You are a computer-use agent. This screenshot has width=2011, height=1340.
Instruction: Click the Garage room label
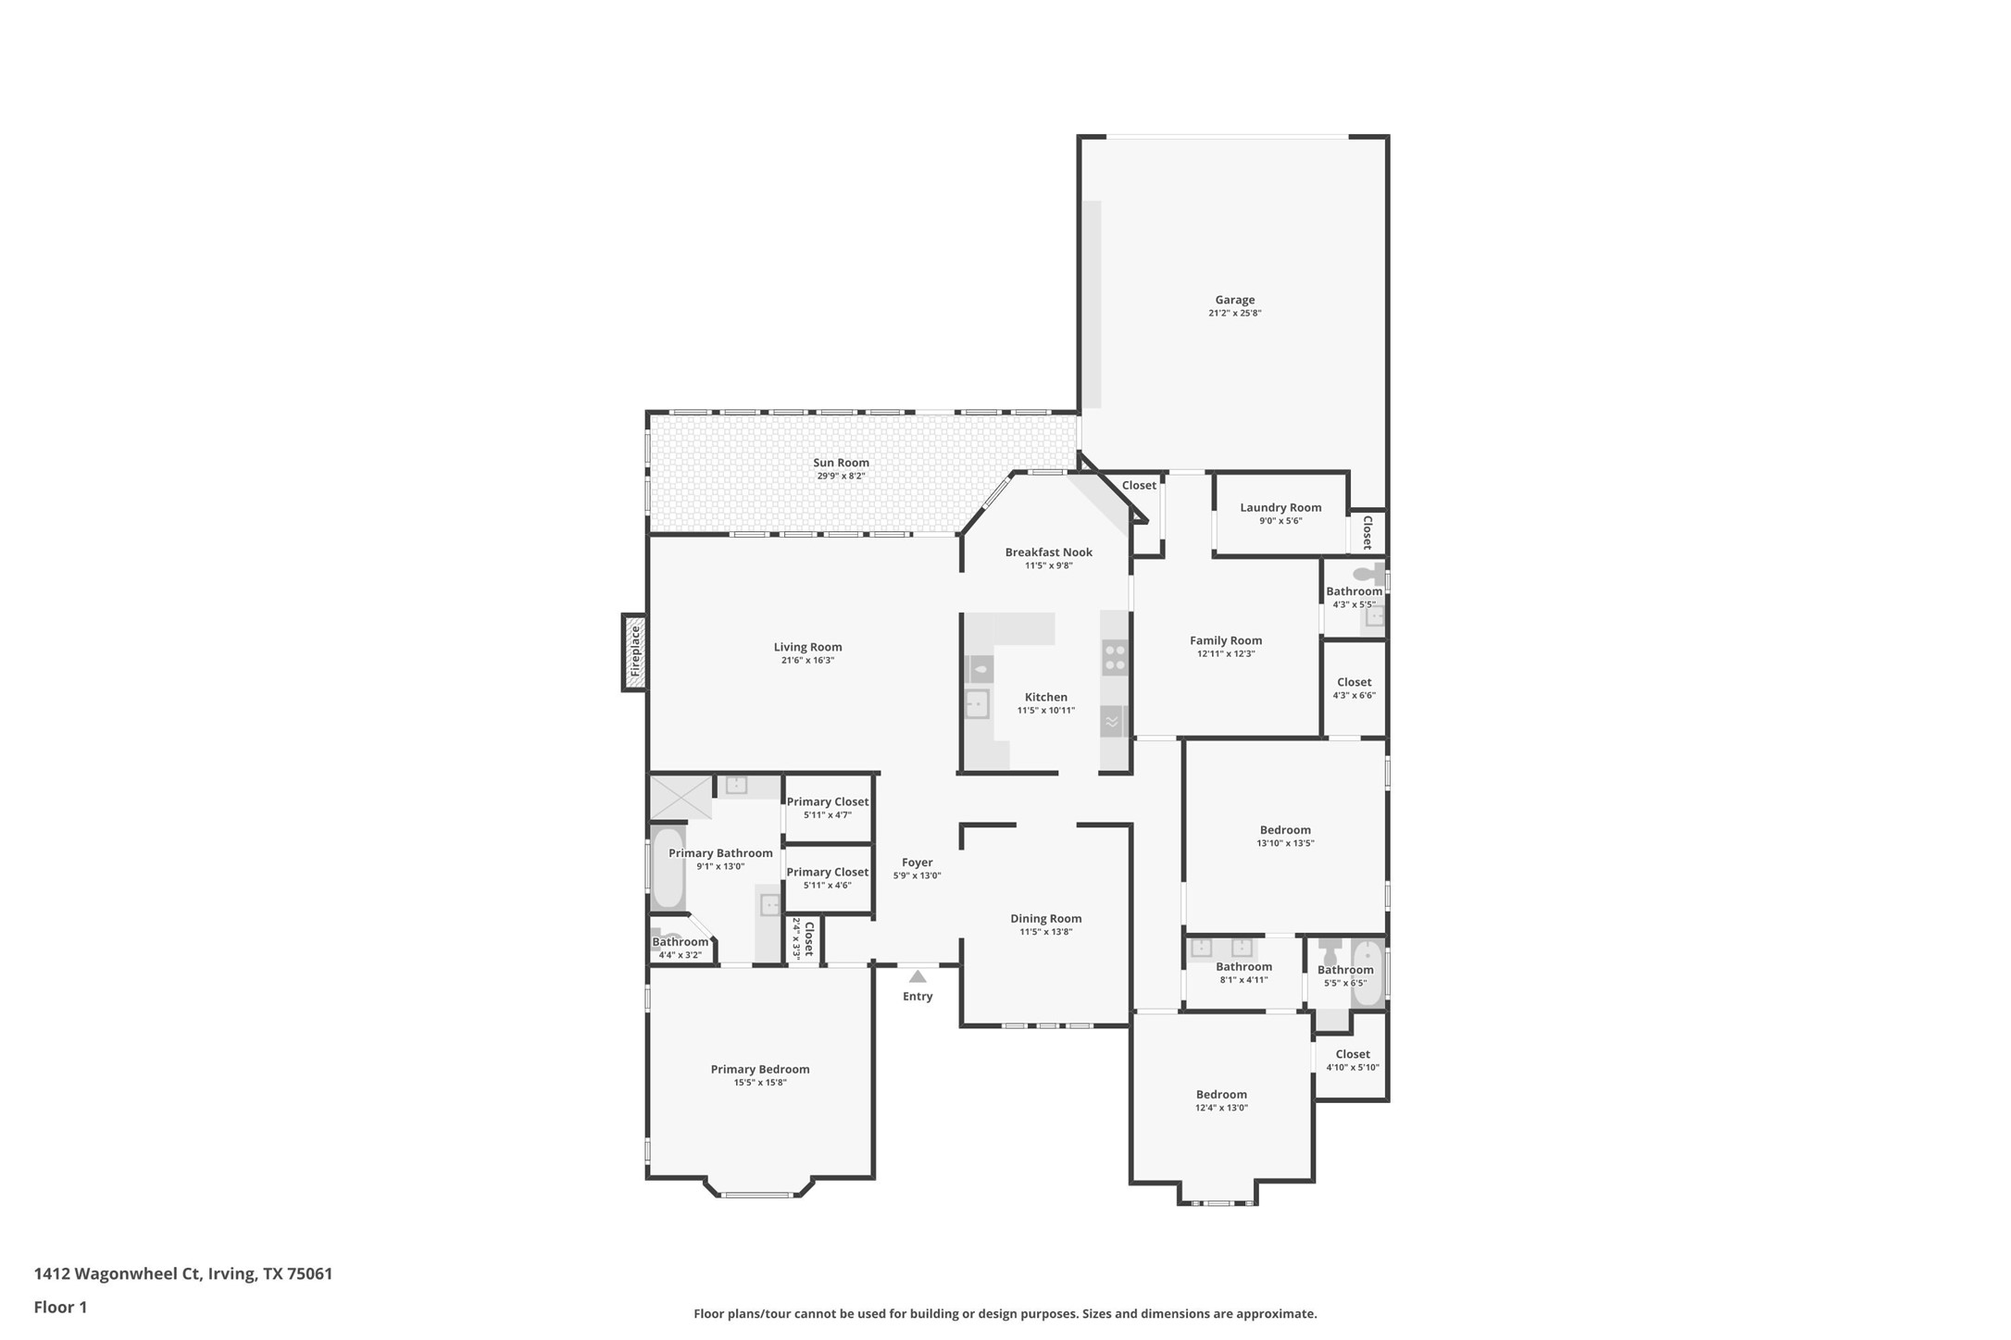[x=1235, y=300]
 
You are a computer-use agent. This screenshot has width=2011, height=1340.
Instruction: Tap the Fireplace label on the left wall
[x=635, y=652]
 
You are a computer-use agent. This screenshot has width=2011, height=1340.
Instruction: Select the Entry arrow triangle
[x=918, y=976]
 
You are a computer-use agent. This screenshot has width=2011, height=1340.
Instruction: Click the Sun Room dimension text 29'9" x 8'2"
[x=841, y=477]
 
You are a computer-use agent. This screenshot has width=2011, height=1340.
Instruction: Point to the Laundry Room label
[x=1280, y=507]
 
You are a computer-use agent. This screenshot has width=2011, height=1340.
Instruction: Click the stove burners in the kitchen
[x=1115, y=657]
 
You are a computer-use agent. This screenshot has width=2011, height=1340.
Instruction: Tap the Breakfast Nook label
[x=1049, y=552]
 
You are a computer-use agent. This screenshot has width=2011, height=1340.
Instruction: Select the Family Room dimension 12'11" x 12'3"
[x=1226, y=654]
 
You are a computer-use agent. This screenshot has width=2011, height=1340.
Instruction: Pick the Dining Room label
[x=1046, y=919]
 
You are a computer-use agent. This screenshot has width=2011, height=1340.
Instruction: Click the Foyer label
[x=918, y=862]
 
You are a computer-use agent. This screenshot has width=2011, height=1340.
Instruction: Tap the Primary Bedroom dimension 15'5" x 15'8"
[x=760, y=1083]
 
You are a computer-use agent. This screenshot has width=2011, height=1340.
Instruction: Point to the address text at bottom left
[x=183, y=1273]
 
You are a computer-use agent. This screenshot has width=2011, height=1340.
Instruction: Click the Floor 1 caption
[x=60, y=1308]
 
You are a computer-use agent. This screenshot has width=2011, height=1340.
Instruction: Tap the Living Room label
[x=808, y=648]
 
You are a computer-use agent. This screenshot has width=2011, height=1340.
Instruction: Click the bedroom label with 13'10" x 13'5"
[x=1285, y=830]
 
